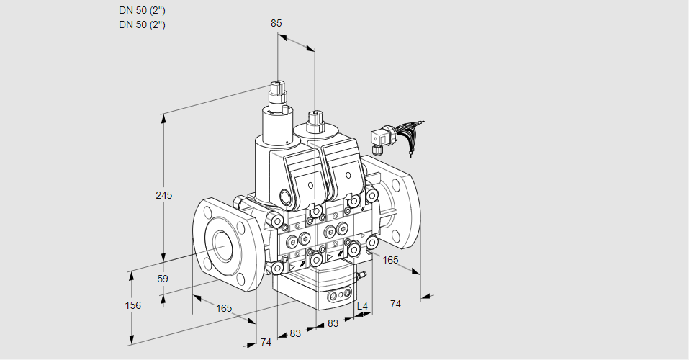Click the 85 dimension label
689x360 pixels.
click(x=276, y=23)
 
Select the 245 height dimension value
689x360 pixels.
click(x=164, y=195)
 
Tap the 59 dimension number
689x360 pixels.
click(x=163, y=279)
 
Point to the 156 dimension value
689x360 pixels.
click(x=132, y=305)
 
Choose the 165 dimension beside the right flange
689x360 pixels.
click(x=390, y=259)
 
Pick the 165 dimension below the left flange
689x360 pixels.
click(x=224, y=308)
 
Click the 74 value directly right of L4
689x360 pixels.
click(x=395, y=304)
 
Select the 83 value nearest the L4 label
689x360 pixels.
click(x=333, y=324)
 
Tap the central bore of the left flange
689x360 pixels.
click(x=220, y=246)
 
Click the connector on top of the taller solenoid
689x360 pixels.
click(x=278, y=93)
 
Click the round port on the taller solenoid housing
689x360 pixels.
click(x=285, y=197)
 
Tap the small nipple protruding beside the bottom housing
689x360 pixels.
click(x=363, y=275)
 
